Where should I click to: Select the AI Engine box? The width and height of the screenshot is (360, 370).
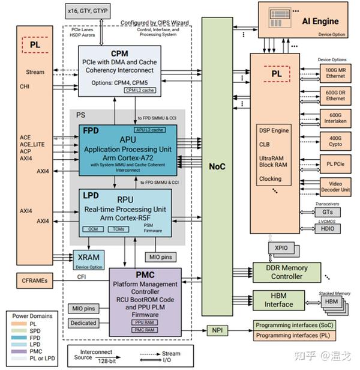[307, 22]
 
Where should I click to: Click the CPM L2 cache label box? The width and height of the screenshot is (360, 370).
[139, 90]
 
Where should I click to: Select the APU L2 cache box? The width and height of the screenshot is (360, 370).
[149, 130]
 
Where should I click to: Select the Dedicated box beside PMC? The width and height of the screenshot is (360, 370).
[83, 323]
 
